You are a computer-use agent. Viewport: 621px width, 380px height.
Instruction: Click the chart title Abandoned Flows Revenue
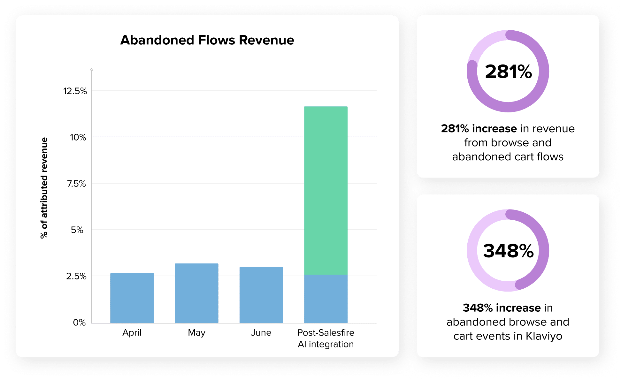(207, 40)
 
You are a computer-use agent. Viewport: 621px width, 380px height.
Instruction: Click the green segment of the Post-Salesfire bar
(326, 190)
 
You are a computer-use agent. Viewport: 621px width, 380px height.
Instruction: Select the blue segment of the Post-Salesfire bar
(326, 299)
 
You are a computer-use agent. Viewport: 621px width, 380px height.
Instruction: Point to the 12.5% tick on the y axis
(75, 91)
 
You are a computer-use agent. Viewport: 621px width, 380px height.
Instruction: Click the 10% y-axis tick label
(78, 138)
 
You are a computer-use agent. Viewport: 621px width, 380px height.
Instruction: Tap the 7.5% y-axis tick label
(76, 184)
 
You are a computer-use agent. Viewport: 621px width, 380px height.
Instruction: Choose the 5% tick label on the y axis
(77, 230)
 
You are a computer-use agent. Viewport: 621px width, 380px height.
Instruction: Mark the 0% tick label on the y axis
(79, 323)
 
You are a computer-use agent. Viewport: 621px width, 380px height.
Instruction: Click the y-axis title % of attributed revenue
(44, 188)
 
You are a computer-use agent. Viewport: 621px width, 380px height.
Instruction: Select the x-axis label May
(196, 333)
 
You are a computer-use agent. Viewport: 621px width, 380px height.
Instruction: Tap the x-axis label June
(261, 333)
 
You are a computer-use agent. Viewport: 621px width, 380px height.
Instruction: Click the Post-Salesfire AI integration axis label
(326, 338)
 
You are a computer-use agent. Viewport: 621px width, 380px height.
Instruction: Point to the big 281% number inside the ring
(508, 72)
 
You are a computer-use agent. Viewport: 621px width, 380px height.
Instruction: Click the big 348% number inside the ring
(508, 251)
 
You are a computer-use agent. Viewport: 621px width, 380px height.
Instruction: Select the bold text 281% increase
(479, 129)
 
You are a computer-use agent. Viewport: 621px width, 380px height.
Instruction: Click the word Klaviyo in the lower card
(544, 336)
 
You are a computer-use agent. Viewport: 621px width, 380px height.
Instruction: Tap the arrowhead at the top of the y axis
(91, 69)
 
